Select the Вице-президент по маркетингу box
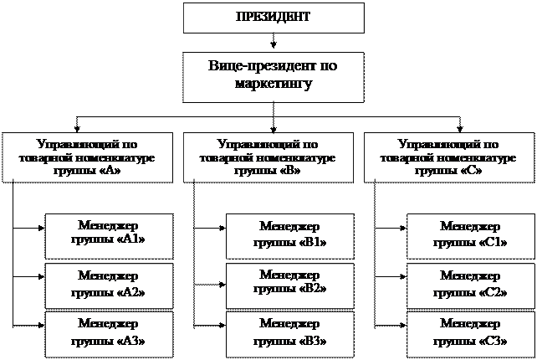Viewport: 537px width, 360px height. pos(275,75)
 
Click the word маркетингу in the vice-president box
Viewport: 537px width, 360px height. pos(276,84)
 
